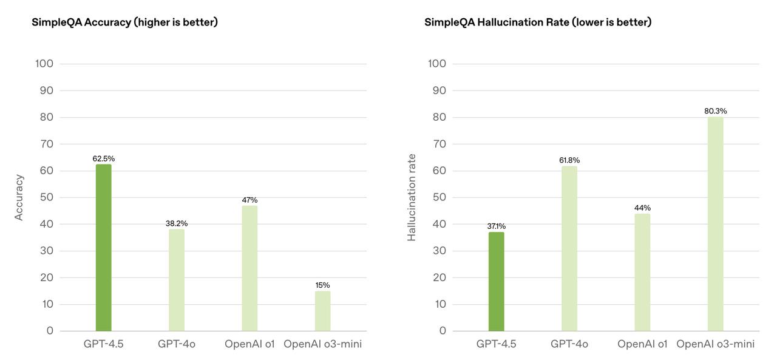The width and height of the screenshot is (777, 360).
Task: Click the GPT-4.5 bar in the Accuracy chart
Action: (x=103, y=248)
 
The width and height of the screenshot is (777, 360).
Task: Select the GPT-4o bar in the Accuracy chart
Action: (x=177, y=280)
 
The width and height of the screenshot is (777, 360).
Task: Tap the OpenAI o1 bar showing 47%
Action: (x=249, y=268)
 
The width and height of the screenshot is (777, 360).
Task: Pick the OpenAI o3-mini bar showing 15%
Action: (x=322, y=311)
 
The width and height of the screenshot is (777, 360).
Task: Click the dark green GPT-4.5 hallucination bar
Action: (x=496, y=281)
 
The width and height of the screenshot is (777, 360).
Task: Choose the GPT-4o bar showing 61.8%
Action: (x=569, y=248)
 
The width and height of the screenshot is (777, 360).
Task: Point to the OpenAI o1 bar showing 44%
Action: (x=642, y=272)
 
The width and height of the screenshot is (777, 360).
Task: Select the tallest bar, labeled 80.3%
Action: (x=715, y=223)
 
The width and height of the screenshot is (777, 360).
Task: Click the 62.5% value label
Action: (x=103, y=158)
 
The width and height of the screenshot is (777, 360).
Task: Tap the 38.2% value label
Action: (x=177, y=223)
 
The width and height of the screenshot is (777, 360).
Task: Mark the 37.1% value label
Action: (x=496, y=226)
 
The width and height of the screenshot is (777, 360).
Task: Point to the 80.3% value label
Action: (x=715, y=111)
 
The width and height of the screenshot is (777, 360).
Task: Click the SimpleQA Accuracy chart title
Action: (x=124, y=22)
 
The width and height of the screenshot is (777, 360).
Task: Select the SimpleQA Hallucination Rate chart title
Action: (x=538, y=22)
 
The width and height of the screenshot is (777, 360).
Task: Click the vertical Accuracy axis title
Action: (x=19, y=197)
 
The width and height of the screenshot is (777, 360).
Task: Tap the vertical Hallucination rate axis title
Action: (x=412, y=197)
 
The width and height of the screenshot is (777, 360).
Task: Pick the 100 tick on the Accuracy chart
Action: (x=44, y=64)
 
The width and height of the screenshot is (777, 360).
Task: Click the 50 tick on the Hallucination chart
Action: (x=439, y=197)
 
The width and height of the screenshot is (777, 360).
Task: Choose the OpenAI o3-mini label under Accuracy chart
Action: (x=322, y=344)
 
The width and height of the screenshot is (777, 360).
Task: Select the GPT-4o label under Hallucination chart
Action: (x=569, y=344)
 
